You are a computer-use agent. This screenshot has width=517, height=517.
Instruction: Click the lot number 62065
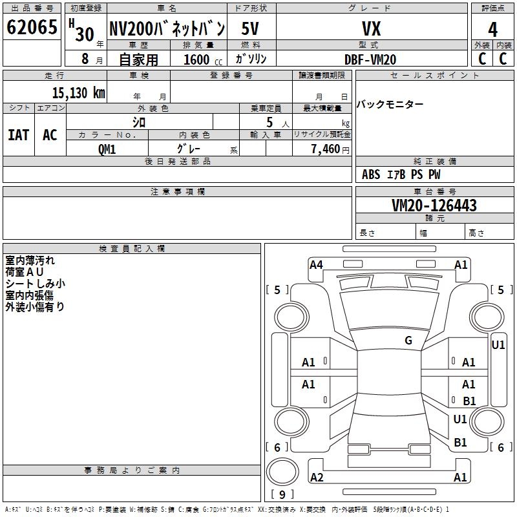point(32,27)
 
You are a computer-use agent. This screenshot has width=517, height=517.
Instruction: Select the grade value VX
point(371,28)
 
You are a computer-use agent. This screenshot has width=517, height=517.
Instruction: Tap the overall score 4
point(492,30)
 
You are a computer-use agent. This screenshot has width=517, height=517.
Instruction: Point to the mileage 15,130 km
point(78,93)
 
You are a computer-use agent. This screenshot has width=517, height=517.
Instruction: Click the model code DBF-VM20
point(370,59)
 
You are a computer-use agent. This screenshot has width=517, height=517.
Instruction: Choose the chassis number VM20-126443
point(434,206)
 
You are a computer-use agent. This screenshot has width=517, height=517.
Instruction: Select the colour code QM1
point(107,149)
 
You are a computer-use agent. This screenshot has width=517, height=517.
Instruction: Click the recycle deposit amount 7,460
point(326,149)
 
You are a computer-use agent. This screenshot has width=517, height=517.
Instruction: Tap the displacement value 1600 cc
point(203,59)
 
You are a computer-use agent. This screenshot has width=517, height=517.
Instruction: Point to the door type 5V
point(250,28)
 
